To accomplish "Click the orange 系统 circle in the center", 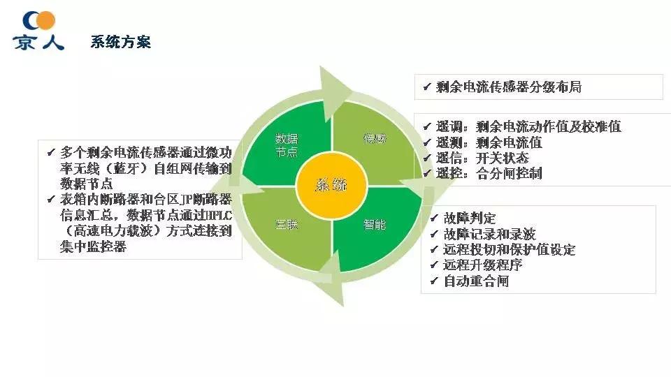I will coord(331,185).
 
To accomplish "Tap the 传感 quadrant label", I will coord(374,138).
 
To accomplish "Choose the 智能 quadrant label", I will coord(374,225).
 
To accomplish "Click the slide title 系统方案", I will coord(120,42).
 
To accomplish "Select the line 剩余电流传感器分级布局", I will coord(508,87).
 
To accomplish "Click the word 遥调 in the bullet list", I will coord(450,127).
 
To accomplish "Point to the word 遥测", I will coord(450,142).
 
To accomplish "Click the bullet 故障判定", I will coord(470,219).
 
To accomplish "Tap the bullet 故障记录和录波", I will coord(489,234).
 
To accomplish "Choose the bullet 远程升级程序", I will coord(482,265).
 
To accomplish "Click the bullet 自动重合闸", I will coord(475,281).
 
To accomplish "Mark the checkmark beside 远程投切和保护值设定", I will coord(434,250).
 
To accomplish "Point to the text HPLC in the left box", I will coord(220,216).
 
